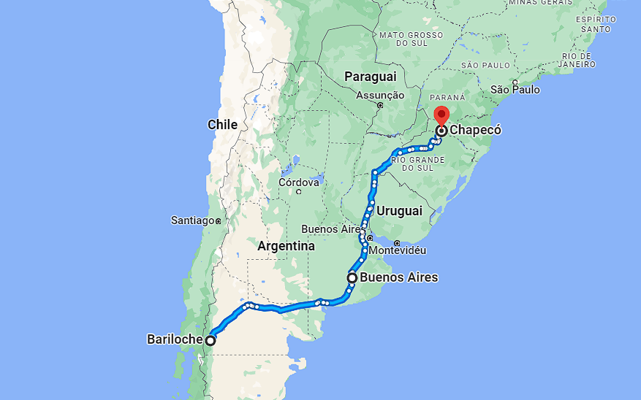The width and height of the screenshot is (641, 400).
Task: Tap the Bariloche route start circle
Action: pos(210,340)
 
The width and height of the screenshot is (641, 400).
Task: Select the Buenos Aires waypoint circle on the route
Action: pos(352,277)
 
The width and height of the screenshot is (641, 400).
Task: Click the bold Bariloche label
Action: pos(175,339)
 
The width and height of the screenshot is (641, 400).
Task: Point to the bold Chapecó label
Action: pos(476,131)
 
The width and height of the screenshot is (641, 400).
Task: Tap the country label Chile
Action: pos(222,125)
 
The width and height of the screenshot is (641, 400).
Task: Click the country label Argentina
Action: pos(286,247)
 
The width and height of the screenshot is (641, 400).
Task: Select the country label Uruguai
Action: pos(400,211)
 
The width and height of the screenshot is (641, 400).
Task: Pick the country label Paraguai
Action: pos(370,77)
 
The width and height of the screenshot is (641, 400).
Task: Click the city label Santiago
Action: pos(192,220)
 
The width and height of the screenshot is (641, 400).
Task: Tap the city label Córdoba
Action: pos(298,182)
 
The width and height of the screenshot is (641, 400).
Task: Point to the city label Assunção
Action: pos(380,95)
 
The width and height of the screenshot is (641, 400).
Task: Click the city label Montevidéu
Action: pos(398,250)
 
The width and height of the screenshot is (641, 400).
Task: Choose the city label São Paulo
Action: pos(515,90)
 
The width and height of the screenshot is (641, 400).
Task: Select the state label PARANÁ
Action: pos(447,97)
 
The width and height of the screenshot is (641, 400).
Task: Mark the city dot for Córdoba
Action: pos(299,192)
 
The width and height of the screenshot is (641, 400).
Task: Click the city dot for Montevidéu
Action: pos(397,243)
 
